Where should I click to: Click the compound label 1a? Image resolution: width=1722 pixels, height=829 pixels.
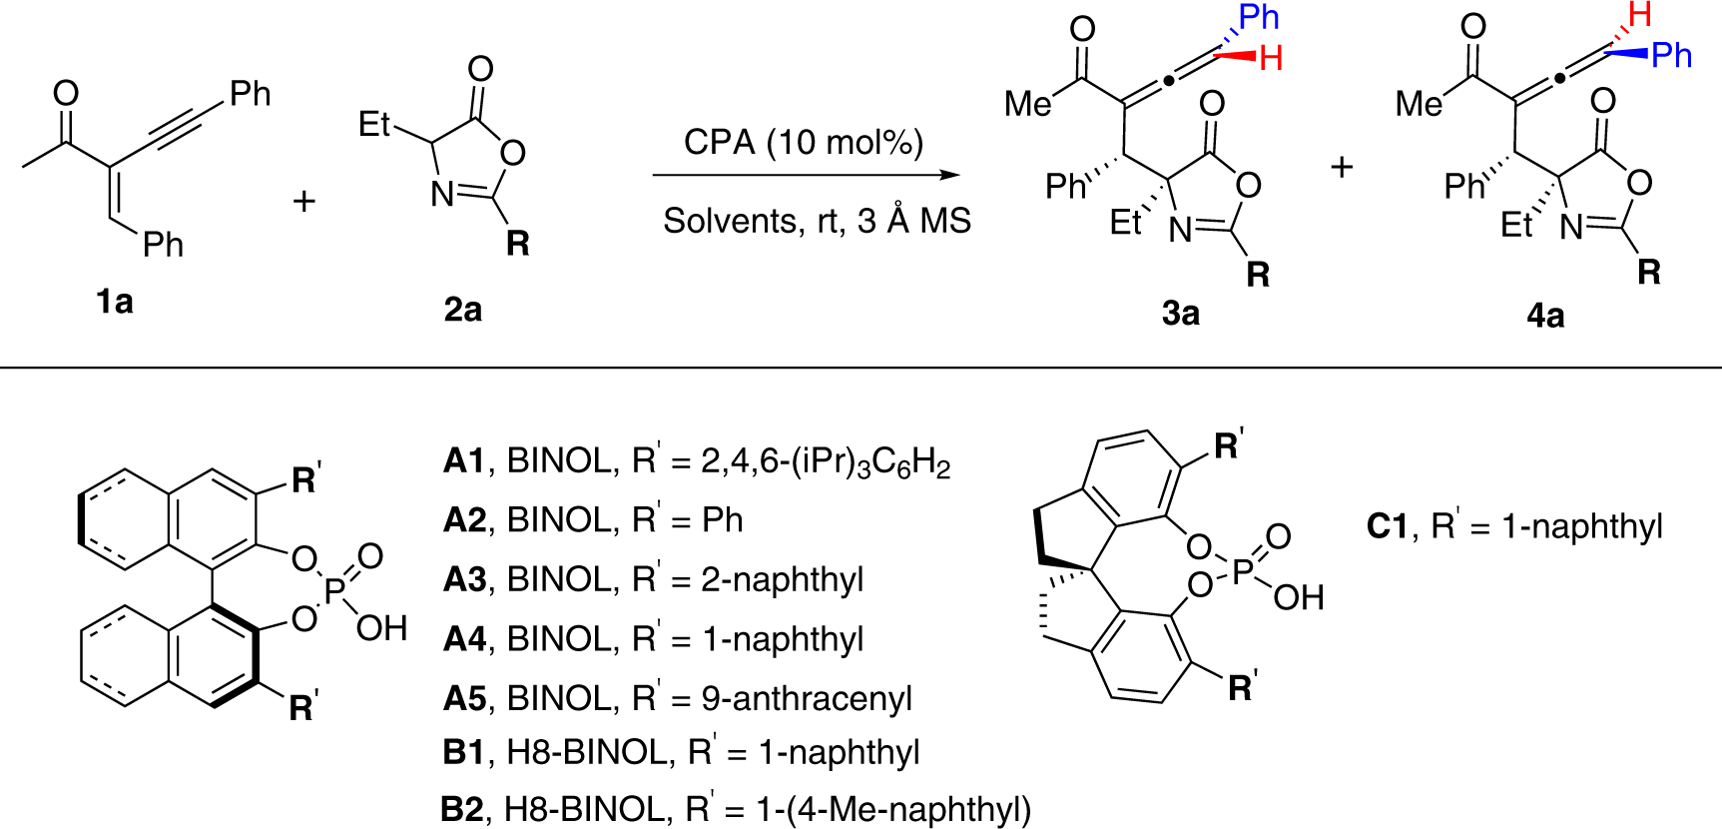click(115, 301)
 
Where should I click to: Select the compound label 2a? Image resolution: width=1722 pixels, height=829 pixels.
click(462, 310)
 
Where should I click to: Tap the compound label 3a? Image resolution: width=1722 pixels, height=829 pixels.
click(1180, 314)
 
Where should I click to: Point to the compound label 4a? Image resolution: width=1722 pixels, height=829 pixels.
click(1545, 316)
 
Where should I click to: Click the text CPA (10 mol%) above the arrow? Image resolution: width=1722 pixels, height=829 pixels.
click(803, 143)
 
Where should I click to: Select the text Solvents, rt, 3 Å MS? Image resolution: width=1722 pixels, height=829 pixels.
click(817, 221)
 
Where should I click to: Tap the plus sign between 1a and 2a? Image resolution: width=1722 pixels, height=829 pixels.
click(303, 201)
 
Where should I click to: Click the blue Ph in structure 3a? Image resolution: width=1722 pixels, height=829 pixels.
click(1258, 17)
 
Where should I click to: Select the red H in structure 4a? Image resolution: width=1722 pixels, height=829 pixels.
click(1639, 14)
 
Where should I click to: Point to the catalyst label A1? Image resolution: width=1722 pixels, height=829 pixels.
click(463, 460)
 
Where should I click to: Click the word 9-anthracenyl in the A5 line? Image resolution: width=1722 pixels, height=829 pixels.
click(807, 698)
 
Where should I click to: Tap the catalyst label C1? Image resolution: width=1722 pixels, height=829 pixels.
click(1387, 525)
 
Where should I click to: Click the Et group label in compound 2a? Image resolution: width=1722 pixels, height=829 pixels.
click(374, 124)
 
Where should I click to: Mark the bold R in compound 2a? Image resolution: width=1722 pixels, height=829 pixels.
click(517, 243)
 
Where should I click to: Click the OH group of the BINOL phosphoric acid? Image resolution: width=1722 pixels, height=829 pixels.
click(381, 628)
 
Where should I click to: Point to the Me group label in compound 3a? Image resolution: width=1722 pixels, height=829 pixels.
click(1027, 103)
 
